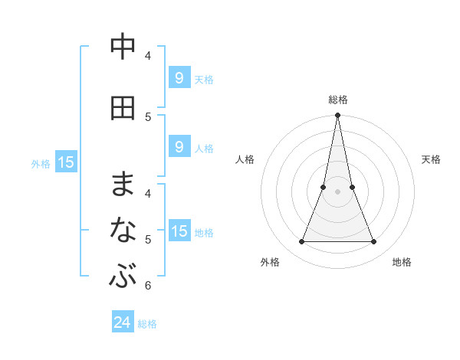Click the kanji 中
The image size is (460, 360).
coord(123,46)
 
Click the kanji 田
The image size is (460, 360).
coord(123,107)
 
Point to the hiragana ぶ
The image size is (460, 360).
coord(123,276)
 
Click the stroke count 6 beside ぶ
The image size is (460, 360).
coord(147,286)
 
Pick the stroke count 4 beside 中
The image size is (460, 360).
coord(147,55)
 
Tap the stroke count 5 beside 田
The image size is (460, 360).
coord(147,116)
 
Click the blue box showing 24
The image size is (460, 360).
coord(123,322)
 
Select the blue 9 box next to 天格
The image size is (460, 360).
coord(179,78)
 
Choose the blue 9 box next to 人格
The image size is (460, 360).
coord(179,147)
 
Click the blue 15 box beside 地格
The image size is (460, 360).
coord(179,231)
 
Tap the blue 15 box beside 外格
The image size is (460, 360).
coord(66,162)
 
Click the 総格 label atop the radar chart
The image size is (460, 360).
coord(338,100)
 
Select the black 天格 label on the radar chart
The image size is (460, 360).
coord(432,159)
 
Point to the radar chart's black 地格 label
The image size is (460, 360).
coord(402,262)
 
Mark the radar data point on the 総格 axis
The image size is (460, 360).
coord(337,116)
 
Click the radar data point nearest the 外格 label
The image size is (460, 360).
coord(301,242)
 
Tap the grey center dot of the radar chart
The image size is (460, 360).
coord(337,191)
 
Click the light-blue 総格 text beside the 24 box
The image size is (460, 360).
coord(147,323)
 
